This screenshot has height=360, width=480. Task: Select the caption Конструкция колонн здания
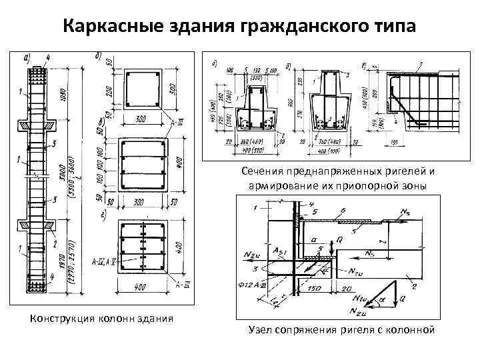pos(101,318)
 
